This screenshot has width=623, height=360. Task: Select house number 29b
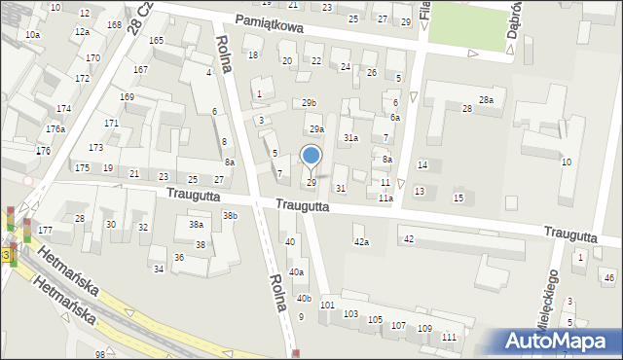309,102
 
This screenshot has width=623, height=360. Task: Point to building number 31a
349,138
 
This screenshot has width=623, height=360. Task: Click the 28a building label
486,100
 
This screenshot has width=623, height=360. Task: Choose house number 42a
361,241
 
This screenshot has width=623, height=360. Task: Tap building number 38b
230,216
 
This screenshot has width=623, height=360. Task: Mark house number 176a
55,128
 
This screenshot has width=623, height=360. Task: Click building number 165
156,40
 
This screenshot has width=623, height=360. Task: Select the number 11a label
385,198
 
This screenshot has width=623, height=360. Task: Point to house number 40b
304,298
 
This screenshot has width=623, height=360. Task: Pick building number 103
350,315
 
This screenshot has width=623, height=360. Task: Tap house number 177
46,231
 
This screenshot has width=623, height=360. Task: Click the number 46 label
609,278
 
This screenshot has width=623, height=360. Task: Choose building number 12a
82,32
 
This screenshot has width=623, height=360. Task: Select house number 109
424,329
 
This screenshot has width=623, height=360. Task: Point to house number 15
458,198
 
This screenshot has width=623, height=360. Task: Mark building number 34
159,269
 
